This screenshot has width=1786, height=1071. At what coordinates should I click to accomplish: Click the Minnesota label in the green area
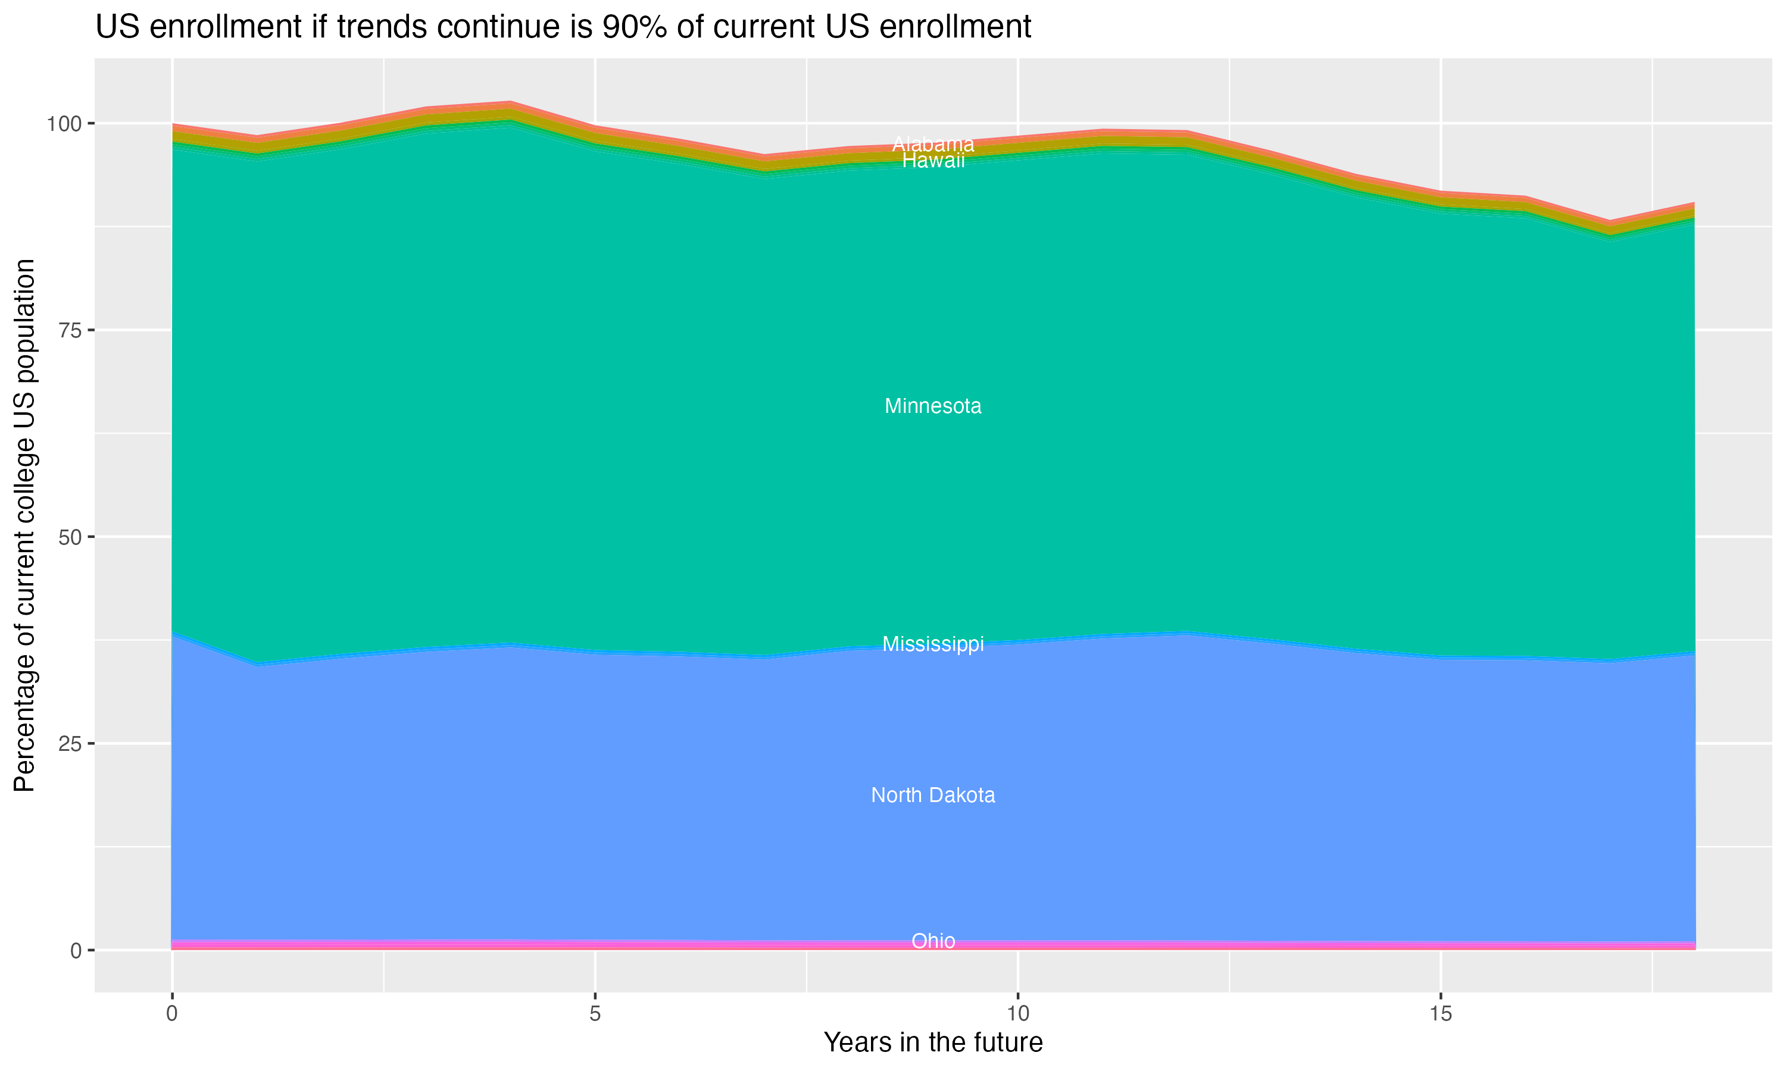pos(933,406)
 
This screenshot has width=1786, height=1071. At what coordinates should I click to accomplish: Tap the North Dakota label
pos(933,796)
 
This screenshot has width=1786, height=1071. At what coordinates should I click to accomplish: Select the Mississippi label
pos(933,644)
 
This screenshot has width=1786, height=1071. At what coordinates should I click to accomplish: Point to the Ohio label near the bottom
pos(933,941)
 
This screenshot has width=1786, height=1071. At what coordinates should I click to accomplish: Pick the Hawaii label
pos(933,161)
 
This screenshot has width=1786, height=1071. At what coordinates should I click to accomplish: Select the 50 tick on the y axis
pos(70,537)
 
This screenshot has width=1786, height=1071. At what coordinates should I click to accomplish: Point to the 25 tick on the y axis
pos(70,743)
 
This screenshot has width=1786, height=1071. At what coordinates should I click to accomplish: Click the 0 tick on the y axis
pos(76,950)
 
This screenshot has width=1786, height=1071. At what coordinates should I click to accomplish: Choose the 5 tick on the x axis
pos(595,1014)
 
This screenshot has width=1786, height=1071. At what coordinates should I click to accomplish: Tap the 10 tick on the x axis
pos(1017,1014)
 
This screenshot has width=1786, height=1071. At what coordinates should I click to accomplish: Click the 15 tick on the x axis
pos(1440,1014)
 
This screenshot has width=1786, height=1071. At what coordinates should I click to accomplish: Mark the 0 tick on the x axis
pos(172,1014)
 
